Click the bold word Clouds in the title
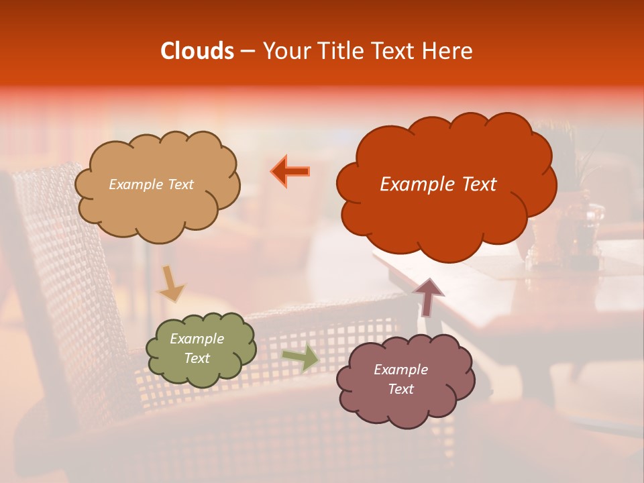[x=197, y=51]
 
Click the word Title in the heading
[x=341, y=51]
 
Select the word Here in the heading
[x=448, y=51]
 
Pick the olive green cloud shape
[x=201, y=373]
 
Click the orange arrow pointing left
[x=291, y=171]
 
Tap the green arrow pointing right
[x=300, y=358]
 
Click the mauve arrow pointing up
[x=427, y=297]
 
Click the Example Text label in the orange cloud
[x=438, y=184]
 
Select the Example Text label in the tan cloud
[x=151, y=184]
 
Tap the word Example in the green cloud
[x=197, y=339]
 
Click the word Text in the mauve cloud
[x=400, y=389]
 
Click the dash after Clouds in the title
[x=247, y=52]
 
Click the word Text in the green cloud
[x=197, y=358]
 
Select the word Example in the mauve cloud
[x=400, y=370]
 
